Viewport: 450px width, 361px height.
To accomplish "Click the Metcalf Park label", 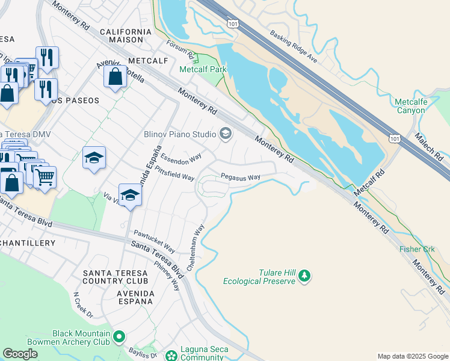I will (x=203, y=70).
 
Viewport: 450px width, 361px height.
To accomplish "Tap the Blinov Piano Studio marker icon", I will (x=226, y=134).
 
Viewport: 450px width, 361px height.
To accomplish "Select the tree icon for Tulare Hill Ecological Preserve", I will (x=305, y=276).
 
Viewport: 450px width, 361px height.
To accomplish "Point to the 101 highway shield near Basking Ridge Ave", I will (x=233, y=22).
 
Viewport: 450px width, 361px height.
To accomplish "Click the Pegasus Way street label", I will (x=240, y=177).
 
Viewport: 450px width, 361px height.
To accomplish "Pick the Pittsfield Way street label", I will (x=174, y=174).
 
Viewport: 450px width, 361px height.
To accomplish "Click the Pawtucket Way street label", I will (x=154, y=241).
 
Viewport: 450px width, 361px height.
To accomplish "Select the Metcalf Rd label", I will (x=369, y=181).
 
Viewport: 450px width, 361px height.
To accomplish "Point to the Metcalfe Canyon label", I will (x=411, y=106).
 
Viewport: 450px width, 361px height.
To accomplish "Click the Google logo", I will (x=20, y=354).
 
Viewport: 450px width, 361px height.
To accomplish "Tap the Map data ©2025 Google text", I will (x=412, y=356).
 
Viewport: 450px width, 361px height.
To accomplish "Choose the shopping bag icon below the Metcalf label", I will (x=114, y=77).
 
